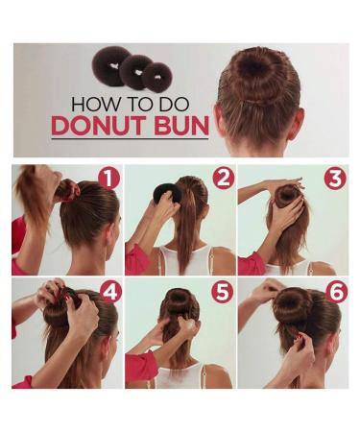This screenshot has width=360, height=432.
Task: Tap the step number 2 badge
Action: (x=224, y=179)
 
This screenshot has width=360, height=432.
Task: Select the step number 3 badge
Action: (x=335, y=179)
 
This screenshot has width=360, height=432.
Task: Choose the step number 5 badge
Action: (x=223, y=291)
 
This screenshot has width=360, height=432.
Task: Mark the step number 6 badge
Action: (x=335, y=290)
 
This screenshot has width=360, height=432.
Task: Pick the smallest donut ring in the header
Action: (x=156, y=75)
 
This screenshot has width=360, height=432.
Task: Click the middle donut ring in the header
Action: (x=135, y=71)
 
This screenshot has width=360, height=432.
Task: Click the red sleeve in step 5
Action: (x=139, y=365)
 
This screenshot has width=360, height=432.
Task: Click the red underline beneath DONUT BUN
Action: (x=129, y=140)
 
